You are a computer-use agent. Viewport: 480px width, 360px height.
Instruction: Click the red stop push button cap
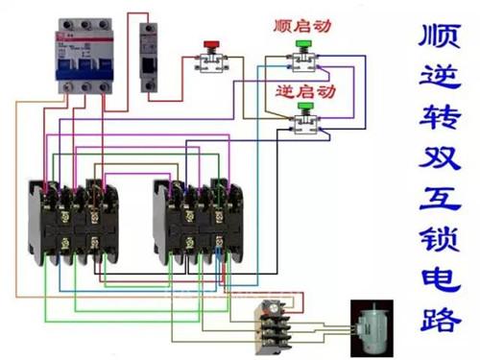(211, 44)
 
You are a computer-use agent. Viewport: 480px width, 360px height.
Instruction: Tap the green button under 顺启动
(303, 44)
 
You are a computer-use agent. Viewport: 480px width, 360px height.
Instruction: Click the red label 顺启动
(302, 26)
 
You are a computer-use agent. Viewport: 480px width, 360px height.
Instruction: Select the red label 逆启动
(305, 91)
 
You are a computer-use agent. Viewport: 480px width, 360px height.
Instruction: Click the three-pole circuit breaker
(85, 56)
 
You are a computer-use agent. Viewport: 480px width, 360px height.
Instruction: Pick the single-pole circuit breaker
(149, 58)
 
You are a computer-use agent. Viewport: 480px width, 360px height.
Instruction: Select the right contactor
(198, 222)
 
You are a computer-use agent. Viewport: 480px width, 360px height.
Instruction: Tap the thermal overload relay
(274, 326)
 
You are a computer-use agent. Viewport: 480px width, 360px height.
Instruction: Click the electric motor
(372, 328)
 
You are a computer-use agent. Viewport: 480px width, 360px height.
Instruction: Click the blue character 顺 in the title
(440, 36)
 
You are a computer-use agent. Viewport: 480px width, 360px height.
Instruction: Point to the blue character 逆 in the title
(441, 76)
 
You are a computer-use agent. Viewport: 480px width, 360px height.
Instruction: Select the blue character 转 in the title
(440, 116)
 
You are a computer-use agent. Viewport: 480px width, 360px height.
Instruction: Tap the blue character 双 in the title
(440, 157)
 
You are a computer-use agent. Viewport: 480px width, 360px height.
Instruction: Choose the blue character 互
(441, 199)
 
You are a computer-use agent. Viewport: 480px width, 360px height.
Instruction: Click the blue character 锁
(440, 239)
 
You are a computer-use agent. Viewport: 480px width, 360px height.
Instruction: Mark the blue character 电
(441, 279)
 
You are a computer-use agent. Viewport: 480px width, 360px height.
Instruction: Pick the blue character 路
(441, 320)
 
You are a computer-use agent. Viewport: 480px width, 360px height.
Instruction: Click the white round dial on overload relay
(274, 308)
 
